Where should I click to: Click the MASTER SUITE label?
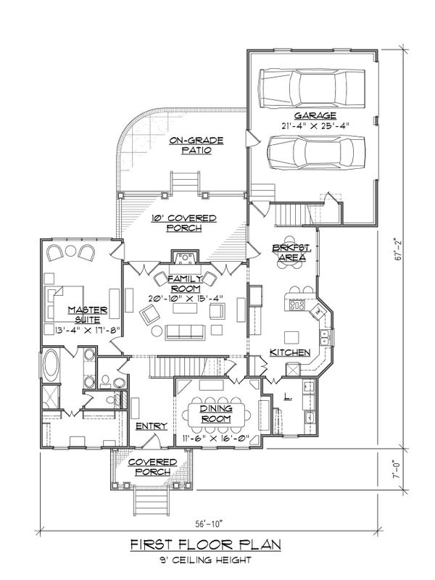point(88,315)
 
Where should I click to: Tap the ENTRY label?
point(152,426)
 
